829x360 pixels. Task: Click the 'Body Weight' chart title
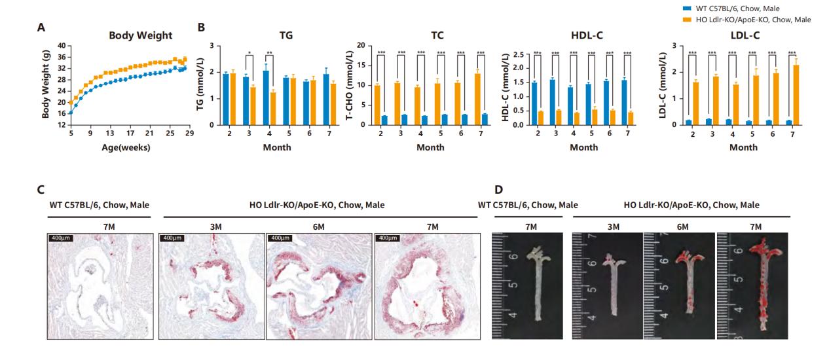140,35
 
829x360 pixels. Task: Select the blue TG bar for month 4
265,98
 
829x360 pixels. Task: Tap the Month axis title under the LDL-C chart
743,147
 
